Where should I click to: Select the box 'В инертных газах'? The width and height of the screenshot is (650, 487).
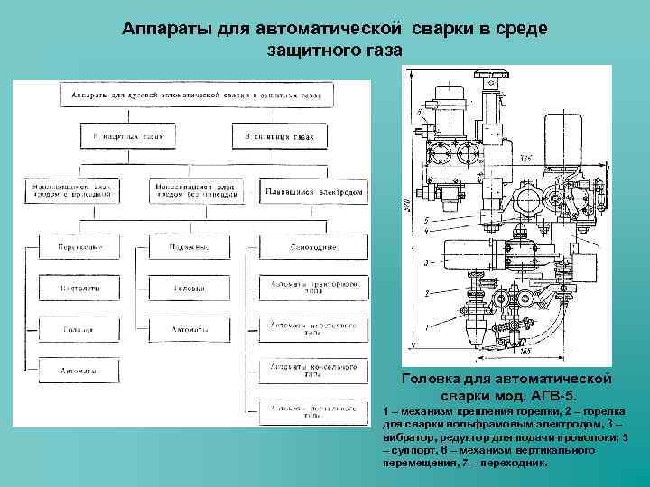coord(120,138)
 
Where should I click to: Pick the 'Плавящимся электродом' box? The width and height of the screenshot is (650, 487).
coord(314,192)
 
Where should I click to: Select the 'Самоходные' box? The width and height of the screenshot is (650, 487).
coord(313,246)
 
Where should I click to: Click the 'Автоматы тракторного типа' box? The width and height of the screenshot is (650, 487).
coord(313,288)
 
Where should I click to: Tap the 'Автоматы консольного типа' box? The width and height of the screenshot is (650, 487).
coord(313,370)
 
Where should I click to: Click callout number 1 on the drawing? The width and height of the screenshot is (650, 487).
coord(425,326)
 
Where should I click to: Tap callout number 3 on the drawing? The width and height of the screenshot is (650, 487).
coord(425,262)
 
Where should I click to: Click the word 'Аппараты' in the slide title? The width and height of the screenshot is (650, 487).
coord(167,30)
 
